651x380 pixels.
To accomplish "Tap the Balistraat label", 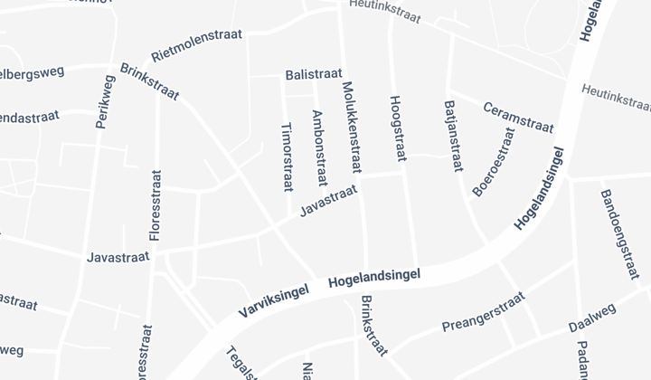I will click(x=313, y=74).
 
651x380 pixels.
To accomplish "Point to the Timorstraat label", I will click(x=288, y=157).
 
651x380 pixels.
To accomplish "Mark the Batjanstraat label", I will click(x=453, y=136).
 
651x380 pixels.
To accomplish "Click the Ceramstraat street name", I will click(x=518, y=116).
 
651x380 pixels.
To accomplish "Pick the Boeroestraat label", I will click(x=494, y=162).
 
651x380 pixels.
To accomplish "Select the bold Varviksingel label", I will click(x=275, y=299).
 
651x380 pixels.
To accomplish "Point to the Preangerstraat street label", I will click(x=483, y=311).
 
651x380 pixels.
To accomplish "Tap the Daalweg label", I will click(x=592, y=318).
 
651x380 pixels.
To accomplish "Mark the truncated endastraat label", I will click(x=29, y=118).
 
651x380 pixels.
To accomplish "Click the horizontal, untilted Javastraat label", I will click(x=118, y=257).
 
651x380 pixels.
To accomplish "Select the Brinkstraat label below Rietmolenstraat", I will click(x=149, y=81).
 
